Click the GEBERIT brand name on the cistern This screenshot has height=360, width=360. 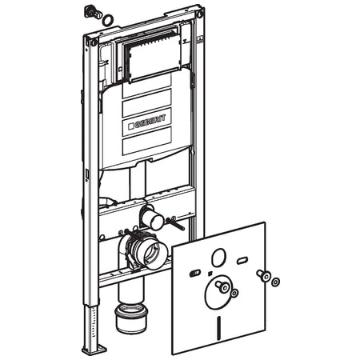[x=150, y=122]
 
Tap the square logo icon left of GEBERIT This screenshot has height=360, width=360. [x=131, y=126]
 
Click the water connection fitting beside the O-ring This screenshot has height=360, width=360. [x=94, y=12]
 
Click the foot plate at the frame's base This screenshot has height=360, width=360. [x=94, y=349]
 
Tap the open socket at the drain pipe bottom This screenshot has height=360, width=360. [x=130, y=318]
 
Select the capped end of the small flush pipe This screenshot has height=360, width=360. [x=157, y=222]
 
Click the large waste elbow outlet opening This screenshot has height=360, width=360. [x=154, y=255]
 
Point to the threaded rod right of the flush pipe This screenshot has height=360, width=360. [x=175, y=223]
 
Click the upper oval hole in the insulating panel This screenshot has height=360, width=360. [x=219, y=258]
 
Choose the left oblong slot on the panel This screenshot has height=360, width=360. [x=196, y=273]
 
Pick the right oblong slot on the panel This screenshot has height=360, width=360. [x=242, y=260]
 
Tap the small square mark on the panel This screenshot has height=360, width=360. [x=210, y=273]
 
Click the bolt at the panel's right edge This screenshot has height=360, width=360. [x=263, y=275]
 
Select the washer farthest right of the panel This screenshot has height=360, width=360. [x=275, y=282]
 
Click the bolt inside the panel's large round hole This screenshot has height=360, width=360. [x=222, y=286]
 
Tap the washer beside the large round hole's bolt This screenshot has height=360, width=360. [x=234, y=293]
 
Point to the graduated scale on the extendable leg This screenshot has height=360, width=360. [x=93, y=322]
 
